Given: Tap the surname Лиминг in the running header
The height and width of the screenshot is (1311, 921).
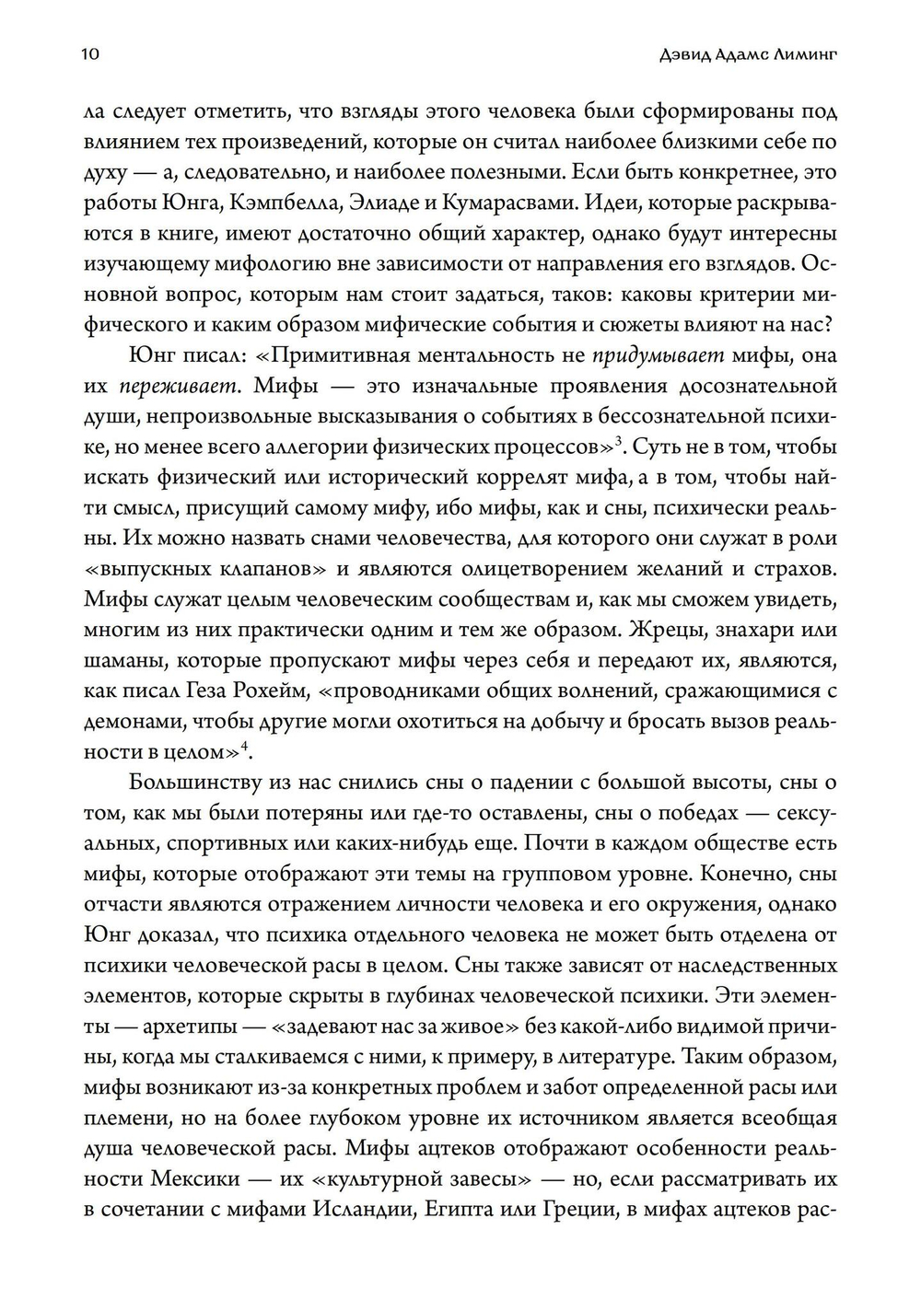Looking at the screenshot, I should (x=808, y=54).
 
